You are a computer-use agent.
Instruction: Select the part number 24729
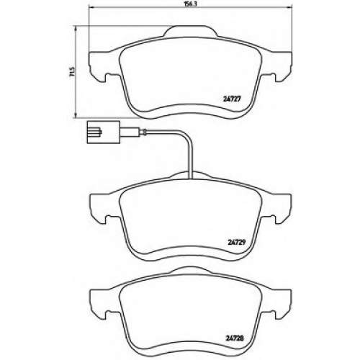coord(236,242)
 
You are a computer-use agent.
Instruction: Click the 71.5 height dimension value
coord(72,71)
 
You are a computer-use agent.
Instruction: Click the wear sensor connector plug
coord(103,132)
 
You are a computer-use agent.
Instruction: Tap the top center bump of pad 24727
coord(191,31)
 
